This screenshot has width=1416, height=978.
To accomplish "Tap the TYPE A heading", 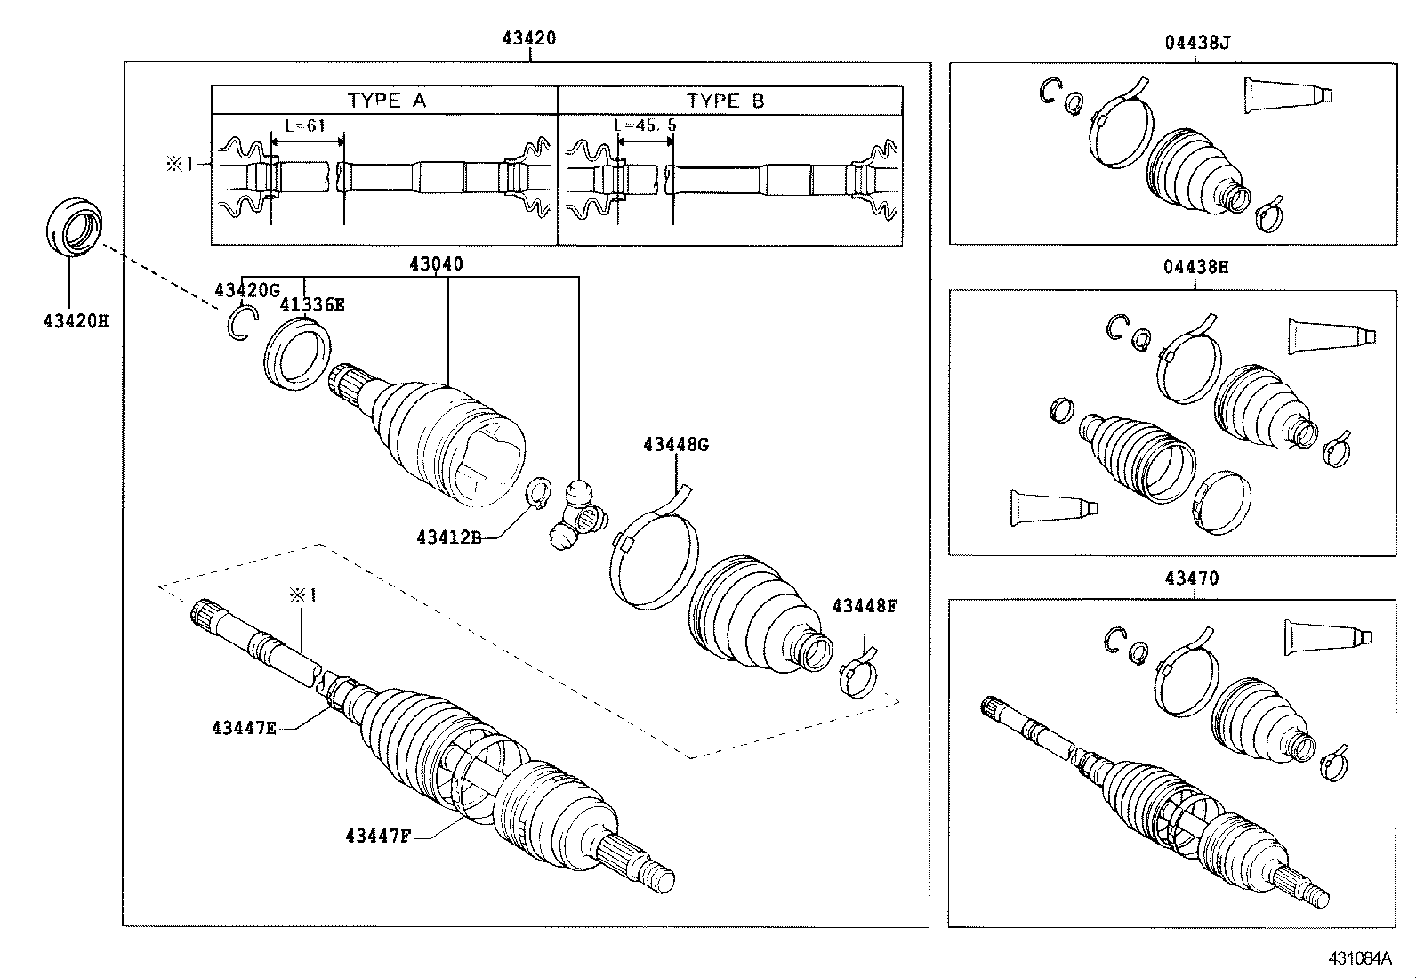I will (386, 101).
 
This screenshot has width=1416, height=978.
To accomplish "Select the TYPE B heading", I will (725, 101).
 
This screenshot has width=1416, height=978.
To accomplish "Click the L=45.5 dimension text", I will (646, 125).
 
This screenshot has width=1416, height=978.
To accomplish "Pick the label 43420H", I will (75, 320).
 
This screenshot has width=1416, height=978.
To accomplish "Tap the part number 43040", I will (436, 264).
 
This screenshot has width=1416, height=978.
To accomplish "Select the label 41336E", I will (312, 304).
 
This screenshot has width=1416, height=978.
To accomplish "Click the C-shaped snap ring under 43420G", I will (241, 322).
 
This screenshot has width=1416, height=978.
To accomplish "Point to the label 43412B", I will (448, 537).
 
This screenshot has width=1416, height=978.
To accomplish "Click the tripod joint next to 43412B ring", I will (577, 515).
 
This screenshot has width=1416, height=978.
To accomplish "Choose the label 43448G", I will (676, 444).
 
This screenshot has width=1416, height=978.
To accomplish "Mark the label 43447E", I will (244, 727).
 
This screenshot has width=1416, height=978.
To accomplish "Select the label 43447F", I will (377, 836).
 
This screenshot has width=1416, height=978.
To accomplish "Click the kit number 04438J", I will (1196, 42).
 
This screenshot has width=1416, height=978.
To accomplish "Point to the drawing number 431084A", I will (1359, 958).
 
